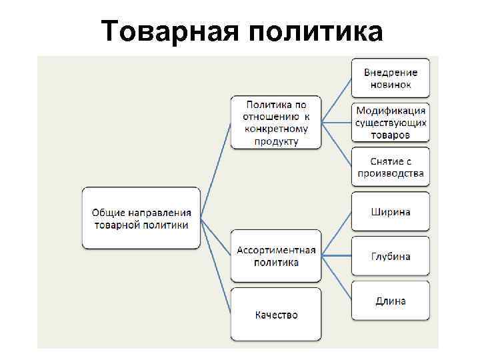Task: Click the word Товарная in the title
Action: pyautogui.click(x=168, y=31)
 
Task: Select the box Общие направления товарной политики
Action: pyautogui.click(x=141, y=219)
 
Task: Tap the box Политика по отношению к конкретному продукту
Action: pyautogui.click(x=276, y=123)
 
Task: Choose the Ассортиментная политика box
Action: pyautogui.click(x=276, y=256)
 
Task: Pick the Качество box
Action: pyautogui.click(x=276, y=315)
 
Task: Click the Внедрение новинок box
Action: pyautogui.click(x=391, y=78)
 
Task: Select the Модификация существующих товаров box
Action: pyautogui.click(x=391, y=123)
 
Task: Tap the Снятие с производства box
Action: pyautogui.click(x=391, y=167)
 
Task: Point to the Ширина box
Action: pyautogui.click(x=391, y=212)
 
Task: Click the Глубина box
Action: pyautogui.click(x=391, y=256)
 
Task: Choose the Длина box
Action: pyautogui.click(x=391, y=301)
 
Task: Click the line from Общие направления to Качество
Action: pyautogui.click(x=216, y=266)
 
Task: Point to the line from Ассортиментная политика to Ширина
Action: pyautogui.click(x=337, y=233)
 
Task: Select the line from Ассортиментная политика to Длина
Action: pyautogui.click(x=337, y=277)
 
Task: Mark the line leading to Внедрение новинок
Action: pyautogui.click(x=337, y=100)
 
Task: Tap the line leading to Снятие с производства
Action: pyautogui.click(x=337, y=144)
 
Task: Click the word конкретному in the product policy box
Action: pyautogui.click(x=276, y=131)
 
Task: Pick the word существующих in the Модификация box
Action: pyautogui.click(x=391, y=123)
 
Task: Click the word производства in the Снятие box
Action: pyautogui.click(x=391, y=174)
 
